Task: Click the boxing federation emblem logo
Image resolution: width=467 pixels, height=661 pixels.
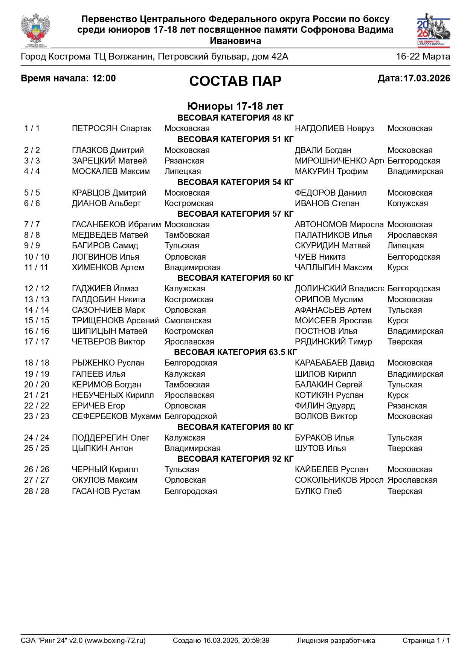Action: (36, 30)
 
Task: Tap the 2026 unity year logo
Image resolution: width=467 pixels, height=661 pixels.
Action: (433, 30)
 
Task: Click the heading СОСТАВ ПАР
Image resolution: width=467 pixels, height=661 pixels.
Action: (235, 81)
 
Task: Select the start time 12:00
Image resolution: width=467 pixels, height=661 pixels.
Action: (104, 78)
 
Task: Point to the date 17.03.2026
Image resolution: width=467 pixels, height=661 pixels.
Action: (427, 78)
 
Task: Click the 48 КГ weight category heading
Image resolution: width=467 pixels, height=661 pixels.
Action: (235, 118)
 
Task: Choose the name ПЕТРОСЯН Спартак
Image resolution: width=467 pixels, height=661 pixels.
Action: (111, 129)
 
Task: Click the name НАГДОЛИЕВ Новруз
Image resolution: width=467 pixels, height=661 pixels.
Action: (334, 129)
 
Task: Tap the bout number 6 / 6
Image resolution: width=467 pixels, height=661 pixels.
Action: (32, 204)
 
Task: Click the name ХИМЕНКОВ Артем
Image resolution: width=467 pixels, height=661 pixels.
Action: (108, 268)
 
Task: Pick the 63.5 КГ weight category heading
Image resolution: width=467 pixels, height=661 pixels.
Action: (235, 352)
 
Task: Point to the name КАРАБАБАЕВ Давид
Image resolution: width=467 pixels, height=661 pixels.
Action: (334, 363)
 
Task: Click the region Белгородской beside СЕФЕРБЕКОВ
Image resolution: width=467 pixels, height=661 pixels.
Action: (191, 416)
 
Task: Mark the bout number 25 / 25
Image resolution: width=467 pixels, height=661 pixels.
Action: (37, 448)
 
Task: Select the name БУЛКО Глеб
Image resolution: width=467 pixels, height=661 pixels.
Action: (318, 491)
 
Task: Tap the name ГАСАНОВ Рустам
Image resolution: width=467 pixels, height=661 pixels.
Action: (106, 491)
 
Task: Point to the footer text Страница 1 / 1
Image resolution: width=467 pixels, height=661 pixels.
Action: (426, 641)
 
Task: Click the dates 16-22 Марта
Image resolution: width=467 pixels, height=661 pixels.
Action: (423, 57)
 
